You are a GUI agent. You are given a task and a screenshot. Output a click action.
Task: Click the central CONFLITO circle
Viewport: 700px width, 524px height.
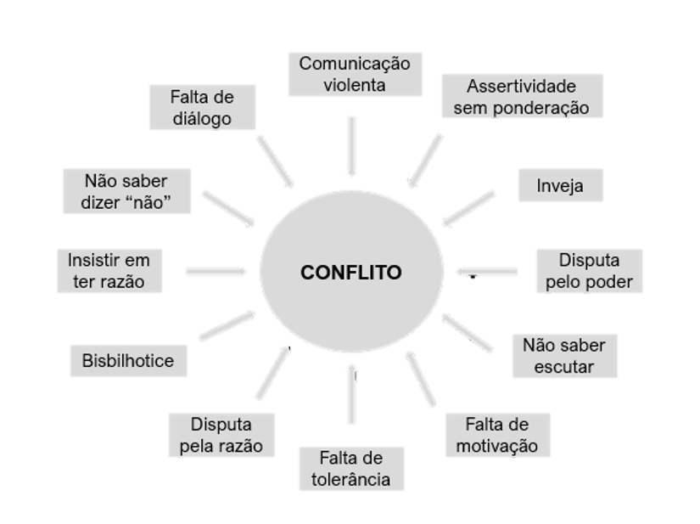pyautogui.click(x=351, y=273)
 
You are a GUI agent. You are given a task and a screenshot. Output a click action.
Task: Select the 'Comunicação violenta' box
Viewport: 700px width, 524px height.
pyautogui.click(x=355, y=74)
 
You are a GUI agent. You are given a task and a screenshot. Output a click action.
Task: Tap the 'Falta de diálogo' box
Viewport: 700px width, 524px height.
pyautogui.click(x=201, y=107)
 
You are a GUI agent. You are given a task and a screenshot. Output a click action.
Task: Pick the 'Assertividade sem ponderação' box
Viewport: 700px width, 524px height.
pyautogui.click(x=521, y=96)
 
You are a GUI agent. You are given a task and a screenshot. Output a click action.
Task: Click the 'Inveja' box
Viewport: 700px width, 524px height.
pyautogui.click(x=561, y=185)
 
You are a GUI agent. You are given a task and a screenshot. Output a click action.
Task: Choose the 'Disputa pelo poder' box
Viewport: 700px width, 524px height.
pyautogui.click(x=589, y=271)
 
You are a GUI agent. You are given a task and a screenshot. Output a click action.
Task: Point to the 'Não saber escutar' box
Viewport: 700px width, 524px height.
pyautogui.click(x=564, y=355)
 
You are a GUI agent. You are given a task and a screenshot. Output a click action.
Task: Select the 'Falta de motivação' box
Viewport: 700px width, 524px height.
pyautogui.click(x=497, y=435)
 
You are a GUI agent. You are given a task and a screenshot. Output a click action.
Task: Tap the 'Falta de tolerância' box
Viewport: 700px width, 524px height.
pyautogui.click(x=350, y=468)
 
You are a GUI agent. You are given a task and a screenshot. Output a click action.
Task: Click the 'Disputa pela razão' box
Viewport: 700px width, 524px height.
pyautogui.click(x=221, y=434)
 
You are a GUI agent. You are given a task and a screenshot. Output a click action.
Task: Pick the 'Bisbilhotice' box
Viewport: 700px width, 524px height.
pyautogui.click(x=127, y=360)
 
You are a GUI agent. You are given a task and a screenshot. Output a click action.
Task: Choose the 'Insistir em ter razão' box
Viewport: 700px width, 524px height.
pyautogui.click(x=109, y=270)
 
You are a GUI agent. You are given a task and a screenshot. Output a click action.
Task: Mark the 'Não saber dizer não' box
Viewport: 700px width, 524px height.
pyautogui.click(x=126, y=191)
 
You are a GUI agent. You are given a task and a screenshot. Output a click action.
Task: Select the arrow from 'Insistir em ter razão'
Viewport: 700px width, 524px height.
pyautogui.click(x=216, y=272)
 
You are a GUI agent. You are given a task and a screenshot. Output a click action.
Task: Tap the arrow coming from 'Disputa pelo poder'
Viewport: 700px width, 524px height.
pyautogui.click(x=486, y=272)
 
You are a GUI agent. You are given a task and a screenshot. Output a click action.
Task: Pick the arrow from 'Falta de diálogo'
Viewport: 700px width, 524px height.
pyautogui.click(x=275, y=159)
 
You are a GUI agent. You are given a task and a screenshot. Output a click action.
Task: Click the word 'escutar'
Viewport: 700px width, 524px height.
pyautogui.click(x=564, y=367)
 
